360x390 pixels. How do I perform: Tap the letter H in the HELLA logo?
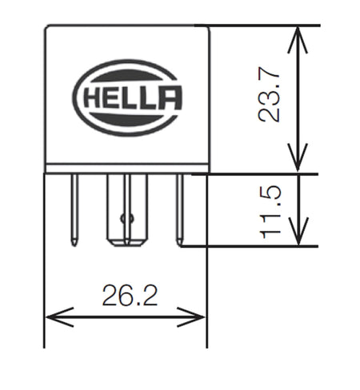coord(90,100)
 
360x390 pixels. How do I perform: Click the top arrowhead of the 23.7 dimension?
coord(298,34)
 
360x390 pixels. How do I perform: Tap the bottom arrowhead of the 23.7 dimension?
coord(298,164)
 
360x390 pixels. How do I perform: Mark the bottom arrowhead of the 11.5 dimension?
coord(298,237)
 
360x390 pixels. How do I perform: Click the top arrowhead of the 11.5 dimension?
coord(298,181)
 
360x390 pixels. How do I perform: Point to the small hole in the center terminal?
coord(122,217)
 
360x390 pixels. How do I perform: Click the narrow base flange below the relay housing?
coord(126,169)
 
